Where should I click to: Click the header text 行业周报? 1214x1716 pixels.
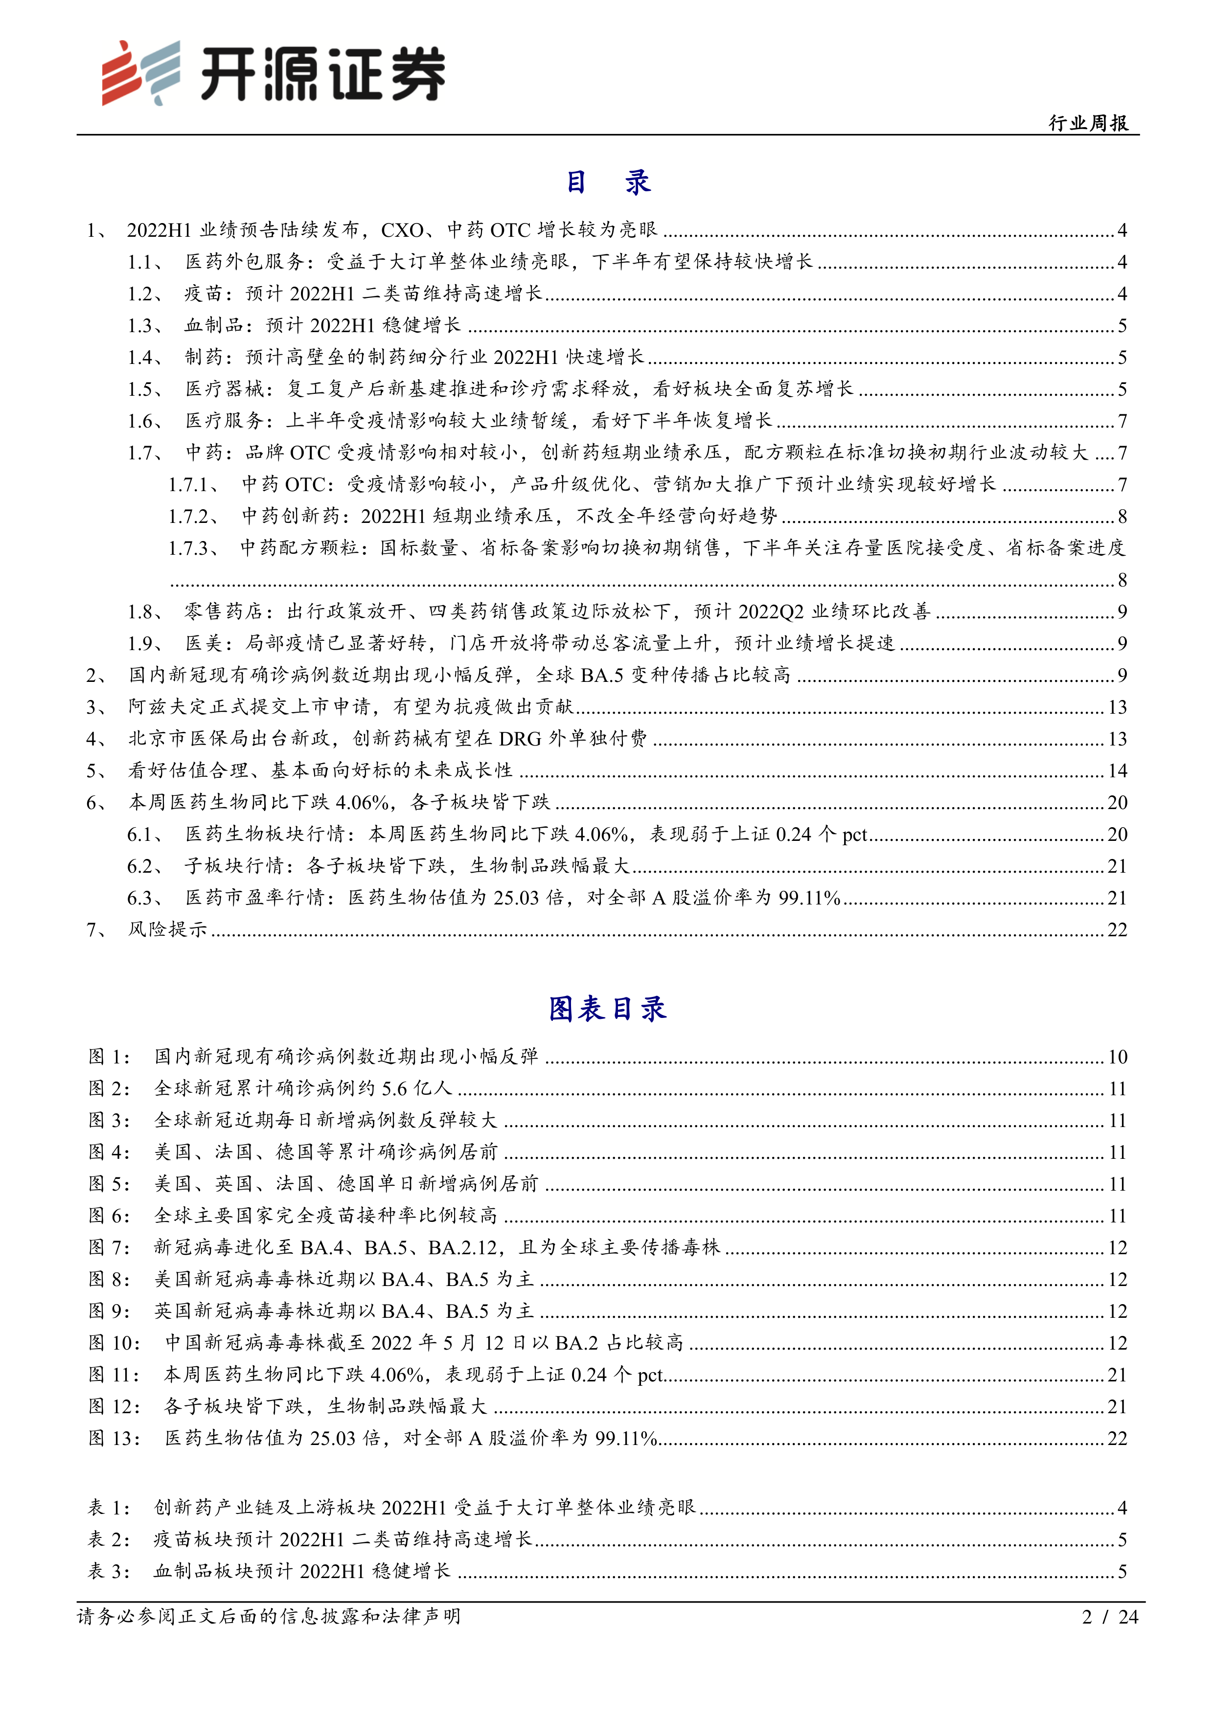click(x=1088, y=123)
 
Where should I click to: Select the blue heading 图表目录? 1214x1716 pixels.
click(x=607, y=1009)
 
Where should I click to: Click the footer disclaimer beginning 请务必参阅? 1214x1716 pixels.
click(x=269, y=1617)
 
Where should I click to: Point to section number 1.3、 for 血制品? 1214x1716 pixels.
click(x=145, y=326)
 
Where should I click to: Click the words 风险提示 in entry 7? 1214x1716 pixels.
click(x=167, y=930)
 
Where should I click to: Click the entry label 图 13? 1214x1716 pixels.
click(x=115, y=1438)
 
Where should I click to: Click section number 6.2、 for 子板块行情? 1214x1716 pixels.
click(x=145, y=866)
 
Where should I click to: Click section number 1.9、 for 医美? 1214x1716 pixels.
click(x=145, y=644)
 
